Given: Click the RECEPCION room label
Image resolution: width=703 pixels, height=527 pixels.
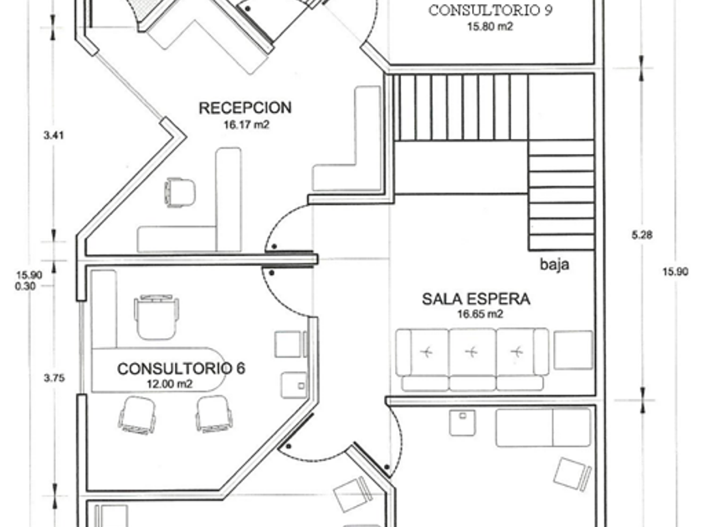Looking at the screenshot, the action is pyautogui.click(x=244, y=108).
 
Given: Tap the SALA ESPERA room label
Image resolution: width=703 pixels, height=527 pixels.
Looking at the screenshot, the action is pyautogui.click(x=476, y=299).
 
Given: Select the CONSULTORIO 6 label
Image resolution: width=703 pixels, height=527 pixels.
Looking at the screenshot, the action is pyautogui.click(x=181, y=369).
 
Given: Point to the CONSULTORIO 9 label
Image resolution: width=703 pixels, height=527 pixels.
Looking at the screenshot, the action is pyautogui.click(x=490, y=10).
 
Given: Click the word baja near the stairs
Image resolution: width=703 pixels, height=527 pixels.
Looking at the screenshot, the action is pyautogui.click(x=555, y=264).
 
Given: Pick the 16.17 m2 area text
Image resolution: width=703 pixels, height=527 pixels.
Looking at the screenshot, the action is pyautogui.click(x=246, y=125).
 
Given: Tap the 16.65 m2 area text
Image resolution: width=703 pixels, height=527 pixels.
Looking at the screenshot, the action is pyautogui.click(x=480, y=315).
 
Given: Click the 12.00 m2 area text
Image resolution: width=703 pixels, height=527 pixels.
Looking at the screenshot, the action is pyautogui.click(x=169, y=384).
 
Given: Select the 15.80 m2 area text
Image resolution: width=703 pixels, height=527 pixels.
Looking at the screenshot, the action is pyautogui.click(x=490, y=27).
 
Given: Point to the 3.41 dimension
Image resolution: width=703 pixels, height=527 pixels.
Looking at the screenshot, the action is pyautogui.click(x=54, y=135).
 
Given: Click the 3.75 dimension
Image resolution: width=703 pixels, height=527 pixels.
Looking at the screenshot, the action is pyautogui.click(x=54, y=378).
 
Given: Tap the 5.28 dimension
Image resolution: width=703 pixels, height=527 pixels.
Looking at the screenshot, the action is pyautogui.click(x=642, y=234).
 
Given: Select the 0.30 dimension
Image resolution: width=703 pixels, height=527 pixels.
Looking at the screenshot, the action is pyautogui.click(x=25, y=286).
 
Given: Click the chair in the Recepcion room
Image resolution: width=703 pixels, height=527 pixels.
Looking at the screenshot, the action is pyautogui.click(x=180, y=192).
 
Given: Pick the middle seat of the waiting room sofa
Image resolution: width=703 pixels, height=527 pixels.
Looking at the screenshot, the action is pyautogui.click(x=472, y=359).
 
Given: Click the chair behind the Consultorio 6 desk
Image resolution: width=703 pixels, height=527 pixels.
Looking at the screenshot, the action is pyautogui.click(x=157, y=317).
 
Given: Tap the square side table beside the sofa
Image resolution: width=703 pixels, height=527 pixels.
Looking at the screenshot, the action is pyautogui.click(x=573, y=350).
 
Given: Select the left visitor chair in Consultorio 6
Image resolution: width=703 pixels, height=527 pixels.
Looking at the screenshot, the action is pyautogui.click(x=137, y=415).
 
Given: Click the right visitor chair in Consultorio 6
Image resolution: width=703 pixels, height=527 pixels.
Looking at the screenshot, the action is pyautogui.click(x=214, y=415).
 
